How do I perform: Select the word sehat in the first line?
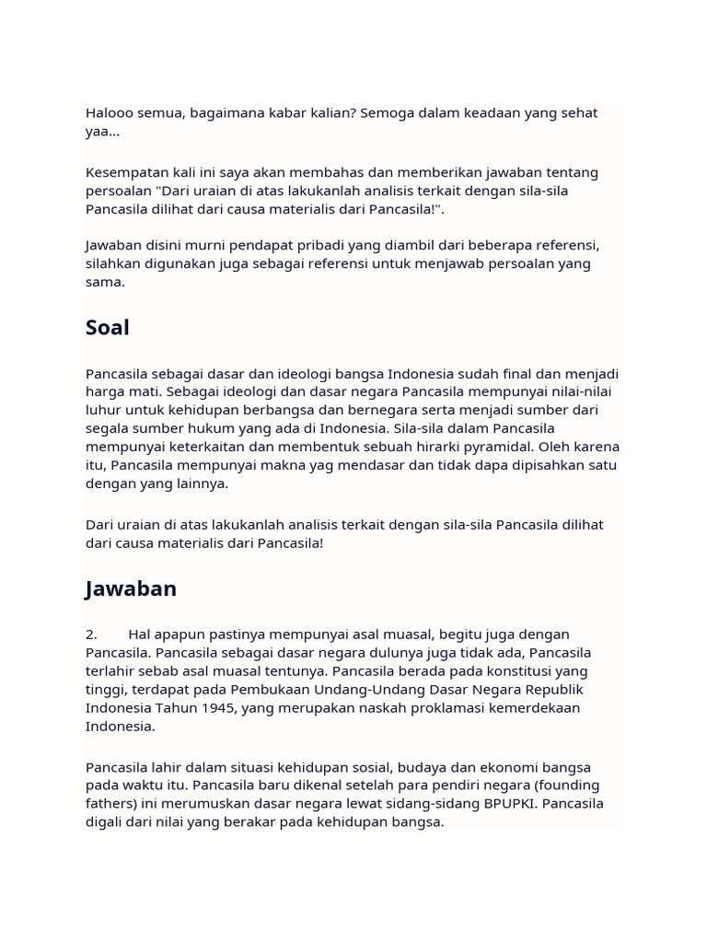point(577,113)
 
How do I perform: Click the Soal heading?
point(108,328)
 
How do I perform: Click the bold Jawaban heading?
point(131,588)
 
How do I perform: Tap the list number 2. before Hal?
point(92,634)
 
